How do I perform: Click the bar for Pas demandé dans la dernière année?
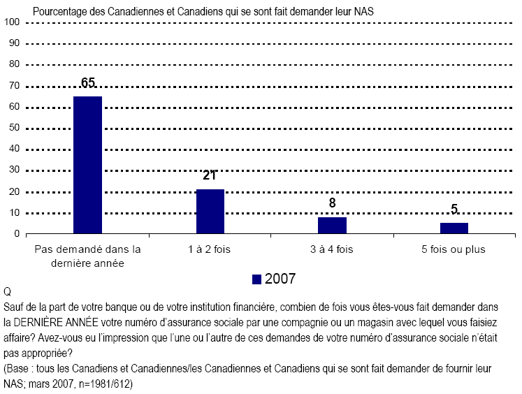tap(87, 165)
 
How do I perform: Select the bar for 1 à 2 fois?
tap(210, 212)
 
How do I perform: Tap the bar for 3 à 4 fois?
tap(332, 225)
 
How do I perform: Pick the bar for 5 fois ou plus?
tap(454, 228)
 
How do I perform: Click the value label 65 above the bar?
tap(87, 84)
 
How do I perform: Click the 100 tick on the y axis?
tap(12, 22)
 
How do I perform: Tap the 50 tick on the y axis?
tap(15, 129)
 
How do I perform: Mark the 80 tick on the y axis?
tap(15, 65)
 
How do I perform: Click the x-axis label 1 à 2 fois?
tap(210, 249)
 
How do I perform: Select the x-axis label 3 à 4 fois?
tap(332, 249)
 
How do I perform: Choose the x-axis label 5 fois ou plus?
tap(454, 249)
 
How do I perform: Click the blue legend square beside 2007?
tap(256, 279)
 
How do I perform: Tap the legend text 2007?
tap(280, 279)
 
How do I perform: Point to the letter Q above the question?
tap(8, 291)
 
